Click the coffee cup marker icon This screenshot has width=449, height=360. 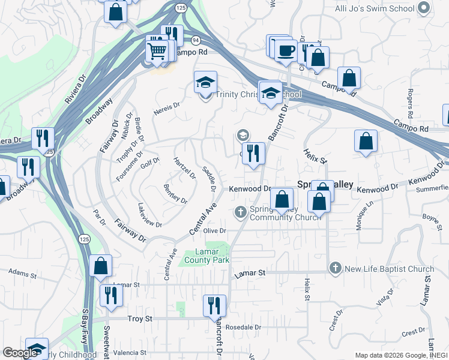(286, 50)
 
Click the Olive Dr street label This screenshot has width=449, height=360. (214, 230)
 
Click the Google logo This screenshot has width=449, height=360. (20, 353)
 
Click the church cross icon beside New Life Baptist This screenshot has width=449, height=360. (335, 268)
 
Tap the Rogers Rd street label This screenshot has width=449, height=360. (410, 103)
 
